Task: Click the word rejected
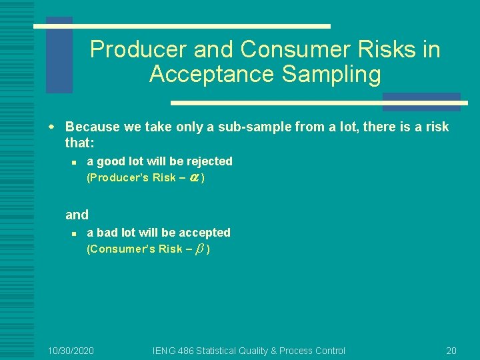click(209, 161)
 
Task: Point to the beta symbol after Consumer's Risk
click(199, 249)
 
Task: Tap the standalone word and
click(77, 215)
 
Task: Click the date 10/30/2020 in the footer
click(71, 350)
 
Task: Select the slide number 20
click(451, 350)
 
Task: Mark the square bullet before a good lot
click(75, 162)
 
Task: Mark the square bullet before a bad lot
click(75, 233)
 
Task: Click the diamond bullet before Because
click(58, 127)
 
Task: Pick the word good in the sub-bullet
click(109, 161)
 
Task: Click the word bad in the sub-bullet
click(107, 233)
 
